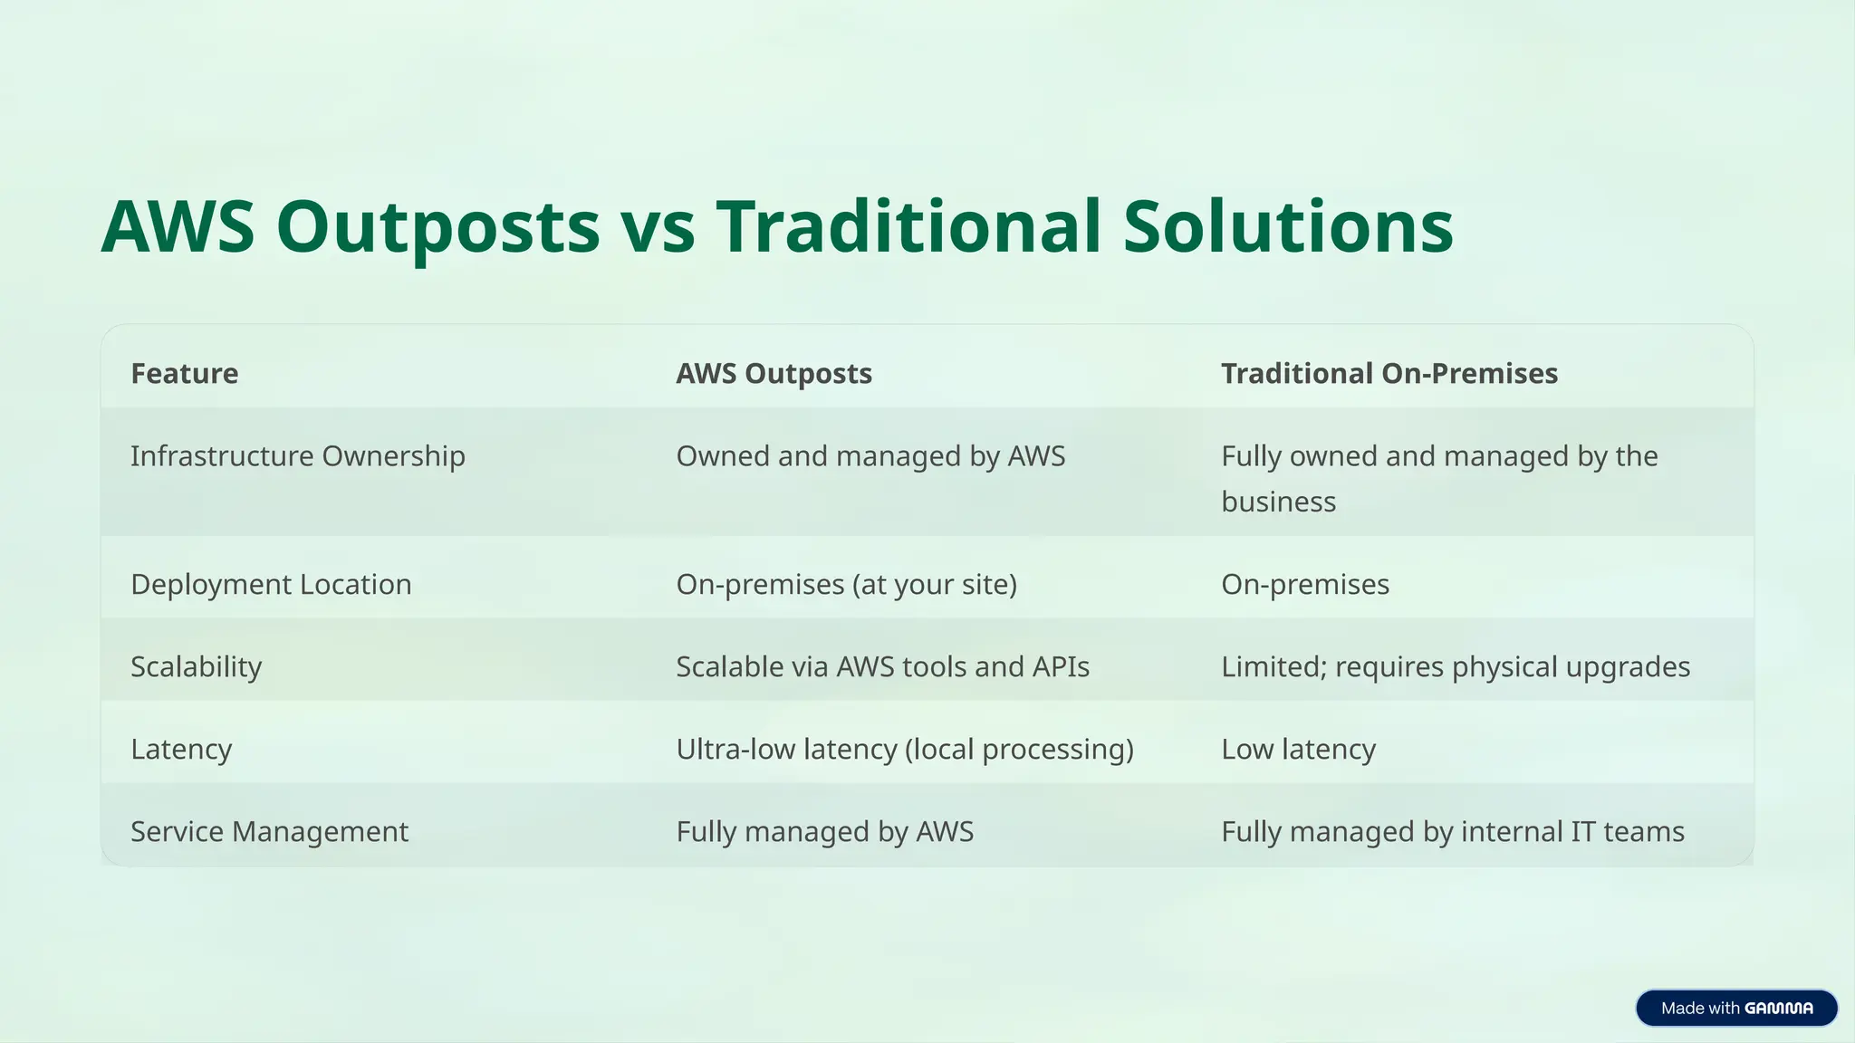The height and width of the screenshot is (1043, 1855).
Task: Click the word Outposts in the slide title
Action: (x=437, y=226)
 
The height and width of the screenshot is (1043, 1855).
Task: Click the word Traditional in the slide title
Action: (x=908, y=226)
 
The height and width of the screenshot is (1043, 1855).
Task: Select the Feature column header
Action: (x=185, y=373)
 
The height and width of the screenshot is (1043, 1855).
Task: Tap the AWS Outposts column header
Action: (x=774, y=373)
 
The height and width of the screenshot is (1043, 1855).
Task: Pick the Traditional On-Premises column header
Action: (x=1389, y=373)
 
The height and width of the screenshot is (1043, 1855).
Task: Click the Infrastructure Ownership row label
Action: (x=297, y=455)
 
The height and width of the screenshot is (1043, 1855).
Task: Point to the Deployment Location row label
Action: (x=271, y=584)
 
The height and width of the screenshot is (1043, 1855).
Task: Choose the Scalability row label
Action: (x=196, y=666)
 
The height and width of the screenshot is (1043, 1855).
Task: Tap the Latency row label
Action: (x=181, y=749)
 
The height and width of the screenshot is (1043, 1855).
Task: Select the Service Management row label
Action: (x=269, y=831)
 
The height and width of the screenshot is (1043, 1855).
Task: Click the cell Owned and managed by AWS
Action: (x=870, y=455)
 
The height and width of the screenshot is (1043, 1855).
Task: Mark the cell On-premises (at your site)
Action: (x=846, y=584)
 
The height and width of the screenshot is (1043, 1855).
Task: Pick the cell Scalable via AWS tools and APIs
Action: (x=882, y=666)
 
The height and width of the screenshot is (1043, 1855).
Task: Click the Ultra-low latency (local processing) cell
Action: (x=904, y=749)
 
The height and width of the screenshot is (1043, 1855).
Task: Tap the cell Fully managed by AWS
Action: (x=824, y=831)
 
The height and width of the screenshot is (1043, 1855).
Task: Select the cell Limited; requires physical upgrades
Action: (x=1455, y=666)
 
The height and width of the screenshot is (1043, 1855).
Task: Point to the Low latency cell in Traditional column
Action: (x=1298, y=749)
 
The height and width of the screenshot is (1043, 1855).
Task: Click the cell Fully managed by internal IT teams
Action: (x=1452, y=831)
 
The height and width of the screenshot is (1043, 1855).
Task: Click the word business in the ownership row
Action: (x=1278, y=502)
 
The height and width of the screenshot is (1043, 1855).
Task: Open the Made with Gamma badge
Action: (x=1735, y=1008)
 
